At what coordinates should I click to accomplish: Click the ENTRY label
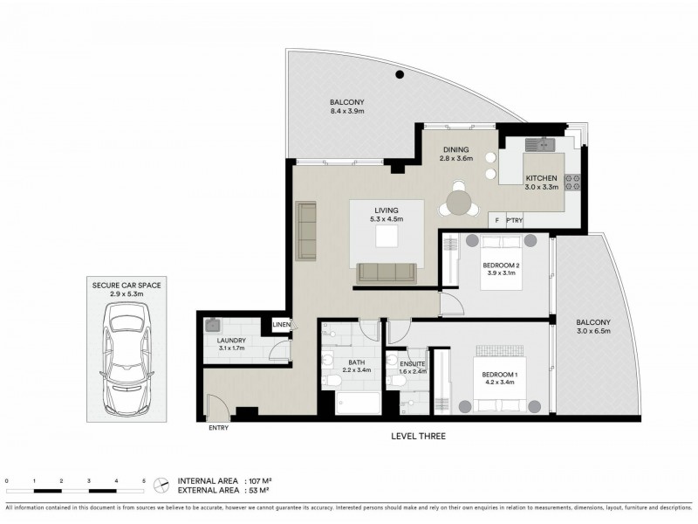(220, 428)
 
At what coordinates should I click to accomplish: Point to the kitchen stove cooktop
(573, 183)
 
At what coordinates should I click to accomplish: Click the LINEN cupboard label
(281, 325)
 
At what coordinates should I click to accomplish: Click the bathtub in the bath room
(358, 403)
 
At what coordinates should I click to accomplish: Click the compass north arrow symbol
(161, 484)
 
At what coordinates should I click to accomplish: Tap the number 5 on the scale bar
(143, 481)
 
